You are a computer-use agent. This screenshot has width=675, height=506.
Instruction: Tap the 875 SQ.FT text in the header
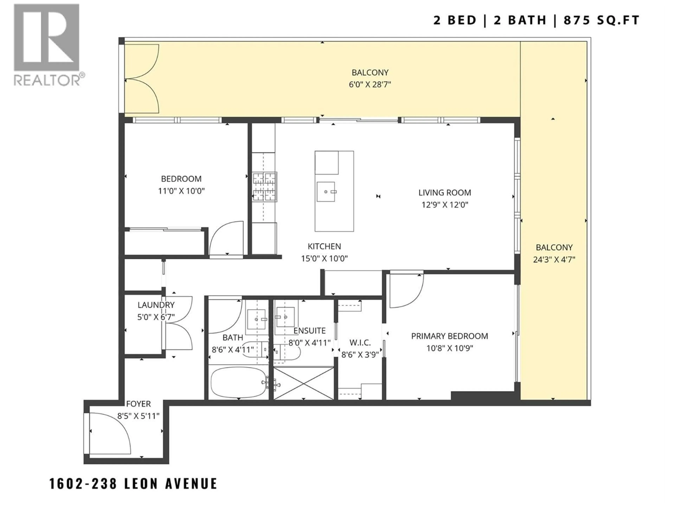click(601, 20)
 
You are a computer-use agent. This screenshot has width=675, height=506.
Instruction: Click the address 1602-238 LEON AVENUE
click(133, 484)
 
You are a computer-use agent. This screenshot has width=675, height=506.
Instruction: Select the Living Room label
click(444, 193)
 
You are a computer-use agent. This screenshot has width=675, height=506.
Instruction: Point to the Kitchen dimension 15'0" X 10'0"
click(324, 259)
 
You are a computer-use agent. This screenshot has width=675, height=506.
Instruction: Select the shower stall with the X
click(303, 383)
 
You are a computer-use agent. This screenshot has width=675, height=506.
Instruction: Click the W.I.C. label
click(360, 343)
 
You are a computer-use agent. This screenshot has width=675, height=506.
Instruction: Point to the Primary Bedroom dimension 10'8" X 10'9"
click(449, 348)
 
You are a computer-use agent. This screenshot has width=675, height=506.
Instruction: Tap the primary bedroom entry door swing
click(406, 291)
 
